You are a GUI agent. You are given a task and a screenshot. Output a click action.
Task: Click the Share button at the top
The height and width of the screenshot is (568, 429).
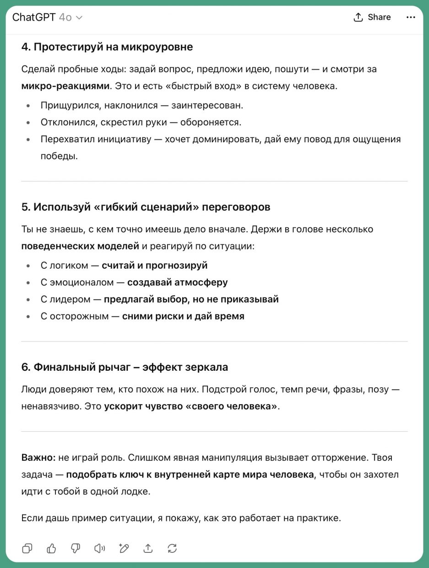pyautogui.click(x=372, y=17)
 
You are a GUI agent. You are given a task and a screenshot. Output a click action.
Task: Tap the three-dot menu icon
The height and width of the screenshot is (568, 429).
pyautogui.click(x=411, y=17)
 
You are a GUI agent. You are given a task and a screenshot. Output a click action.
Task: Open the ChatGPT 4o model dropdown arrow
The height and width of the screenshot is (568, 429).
pyautogui.click(x=79, y=18)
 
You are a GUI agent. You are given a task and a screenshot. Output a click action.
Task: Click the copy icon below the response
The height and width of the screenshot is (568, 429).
pyautogui.click(x=27, y=548)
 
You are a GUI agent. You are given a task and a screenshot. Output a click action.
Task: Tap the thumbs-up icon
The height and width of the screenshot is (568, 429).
pyautogui.click(x=51, y=548)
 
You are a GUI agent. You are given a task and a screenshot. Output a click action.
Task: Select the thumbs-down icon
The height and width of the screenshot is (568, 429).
pyautogui.click(x=76, y=548)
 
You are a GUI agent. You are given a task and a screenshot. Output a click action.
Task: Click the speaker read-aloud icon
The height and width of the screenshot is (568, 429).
pyautogui.click(x=99, y=548)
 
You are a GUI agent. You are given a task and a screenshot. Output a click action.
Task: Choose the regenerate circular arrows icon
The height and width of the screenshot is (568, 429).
pyautogui.click(x=172, y=548)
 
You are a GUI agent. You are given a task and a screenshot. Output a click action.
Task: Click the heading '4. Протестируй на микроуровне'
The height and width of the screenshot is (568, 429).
pyautogui.click(x=107, y=47)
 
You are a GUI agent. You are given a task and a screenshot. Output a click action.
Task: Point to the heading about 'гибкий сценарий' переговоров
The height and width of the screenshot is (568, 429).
pyautogui.click(x=146, y=207)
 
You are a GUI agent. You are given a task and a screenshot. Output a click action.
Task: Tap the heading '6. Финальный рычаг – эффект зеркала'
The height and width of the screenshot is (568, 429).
pyautogui.click(x=125, y=367)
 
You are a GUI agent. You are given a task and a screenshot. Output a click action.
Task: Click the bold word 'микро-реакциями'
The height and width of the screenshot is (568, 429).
pyautogui.click(x=65, y=86)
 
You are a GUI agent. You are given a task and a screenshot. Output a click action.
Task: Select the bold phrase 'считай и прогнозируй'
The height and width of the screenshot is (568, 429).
pyautogui.click(x=154, y=265)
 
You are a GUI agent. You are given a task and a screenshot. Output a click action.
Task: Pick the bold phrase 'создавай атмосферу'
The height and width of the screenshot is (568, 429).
pyautogui.click(x=177, y=282)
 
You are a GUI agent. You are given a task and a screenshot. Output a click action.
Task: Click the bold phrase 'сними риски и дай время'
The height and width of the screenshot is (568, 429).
pyautogui.click(x=183, y=316)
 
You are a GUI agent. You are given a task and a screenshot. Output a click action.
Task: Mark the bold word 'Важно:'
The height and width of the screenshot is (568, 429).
pyautogui.click(x=38, y=458)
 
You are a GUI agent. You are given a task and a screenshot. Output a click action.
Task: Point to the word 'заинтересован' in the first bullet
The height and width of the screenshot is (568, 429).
pyautogui.click(x=207, y=105)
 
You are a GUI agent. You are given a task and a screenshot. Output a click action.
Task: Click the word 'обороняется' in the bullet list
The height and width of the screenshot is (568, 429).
pyautogui.click(x=211, y=122)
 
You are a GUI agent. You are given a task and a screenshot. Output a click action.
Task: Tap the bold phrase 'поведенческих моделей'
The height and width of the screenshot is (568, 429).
pyautogui.click(x=80, y=246)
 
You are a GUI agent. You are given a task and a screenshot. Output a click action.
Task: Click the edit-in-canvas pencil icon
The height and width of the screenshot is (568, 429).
pyautogui.click(x=124, y=548)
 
